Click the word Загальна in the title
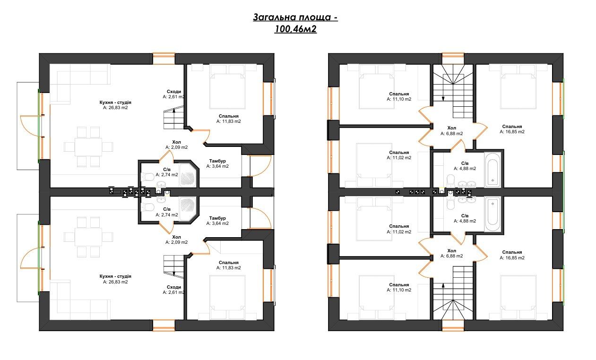(x=274, y=17)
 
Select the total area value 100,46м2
(x=295, y=29)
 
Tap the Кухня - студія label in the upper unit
(x=115, y=103)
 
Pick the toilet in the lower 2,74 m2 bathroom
(x=147, y=207)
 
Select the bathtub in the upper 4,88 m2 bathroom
(x=492, y=170)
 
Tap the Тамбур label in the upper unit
(x=217, y=161)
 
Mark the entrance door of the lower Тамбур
(x=261, y=218)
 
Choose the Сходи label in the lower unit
(x=174, y=287)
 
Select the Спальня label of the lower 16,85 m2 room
(x=512, y=252)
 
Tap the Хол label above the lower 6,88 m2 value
(x=451, y=251)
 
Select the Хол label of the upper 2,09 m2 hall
(x=176, y=142)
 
